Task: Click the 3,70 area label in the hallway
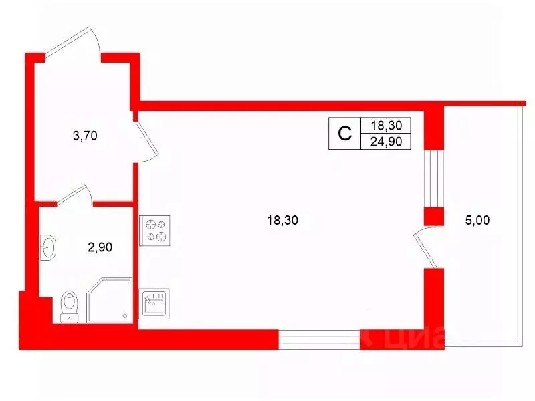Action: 85,136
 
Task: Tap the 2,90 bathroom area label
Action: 101,247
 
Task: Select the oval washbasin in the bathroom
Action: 48,249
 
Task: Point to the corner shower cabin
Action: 108,302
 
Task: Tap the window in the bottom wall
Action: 319,339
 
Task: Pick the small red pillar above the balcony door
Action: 434,217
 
